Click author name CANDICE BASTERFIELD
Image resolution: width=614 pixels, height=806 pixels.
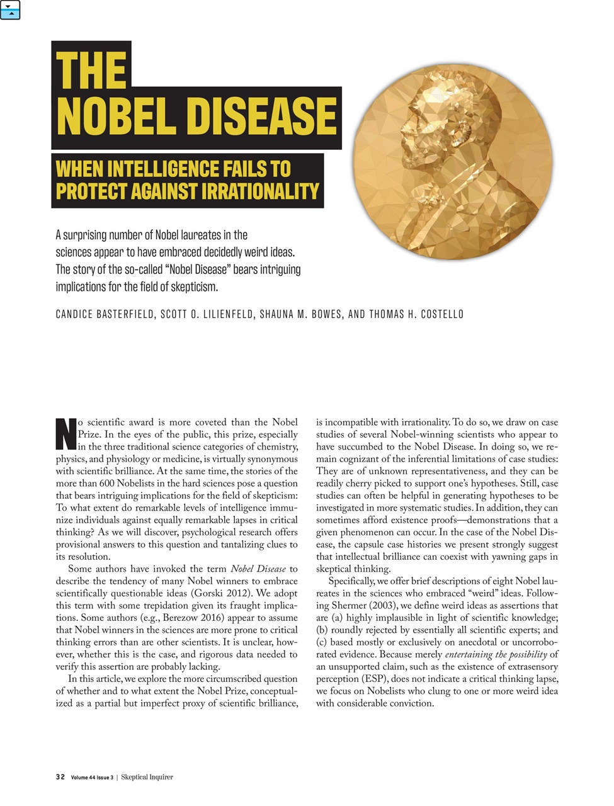(105, 314)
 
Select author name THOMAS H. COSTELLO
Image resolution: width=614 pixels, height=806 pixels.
(416, 314)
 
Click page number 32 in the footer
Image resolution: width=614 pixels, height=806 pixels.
(60, 777)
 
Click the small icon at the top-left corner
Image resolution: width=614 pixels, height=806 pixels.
(11, 10)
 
